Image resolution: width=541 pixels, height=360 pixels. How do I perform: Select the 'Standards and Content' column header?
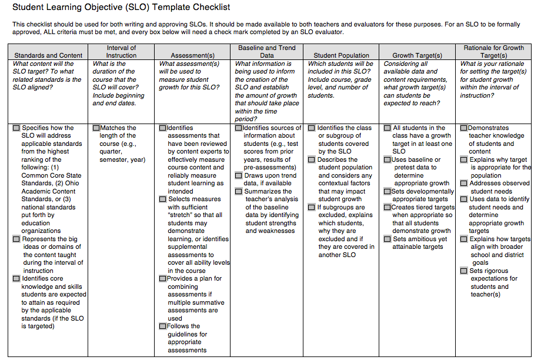click(49, 55)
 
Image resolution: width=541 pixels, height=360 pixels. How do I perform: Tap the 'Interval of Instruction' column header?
click(122, 51)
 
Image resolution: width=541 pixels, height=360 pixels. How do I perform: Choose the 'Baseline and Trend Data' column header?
click(267, 51)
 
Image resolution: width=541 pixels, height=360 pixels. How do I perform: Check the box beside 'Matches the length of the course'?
click(96, 128)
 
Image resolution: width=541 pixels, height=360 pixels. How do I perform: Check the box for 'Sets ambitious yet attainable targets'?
click(388, 239)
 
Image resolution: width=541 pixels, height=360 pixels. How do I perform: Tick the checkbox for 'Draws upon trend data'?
click(239, 175)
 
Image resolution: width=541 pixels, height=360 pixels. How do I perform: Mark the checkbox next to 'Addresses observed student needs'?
click(465, 184)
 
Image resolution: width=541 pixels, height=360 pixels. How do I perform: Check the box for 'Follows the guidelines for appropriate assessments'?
click(163, 326)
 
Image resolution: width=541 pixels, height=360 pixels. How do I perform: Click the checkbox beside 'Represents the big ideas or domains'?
click(16, 239)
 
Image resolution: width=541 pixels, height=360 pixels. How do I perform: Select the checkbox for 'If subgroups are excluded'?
click(312, 207)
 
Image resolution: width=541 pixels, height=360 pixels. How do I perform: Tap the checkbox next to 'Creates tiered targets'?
click(388, 207)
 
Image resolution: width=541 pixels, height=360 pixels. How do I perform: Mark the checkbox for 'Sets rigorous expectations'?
click(465, 271)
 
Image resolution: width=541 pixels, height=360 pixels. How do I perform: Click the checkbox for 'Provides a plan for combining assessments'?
click(163, 279)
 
